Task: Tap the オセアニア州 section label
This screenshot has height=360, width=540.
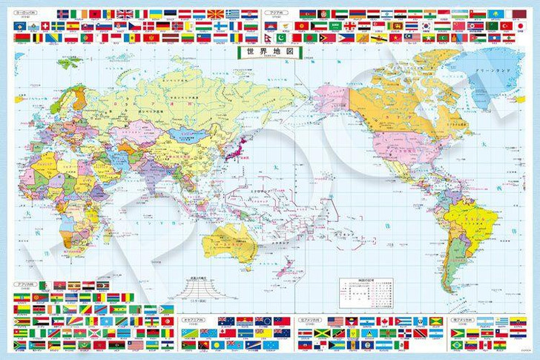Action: click(194, 314)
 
